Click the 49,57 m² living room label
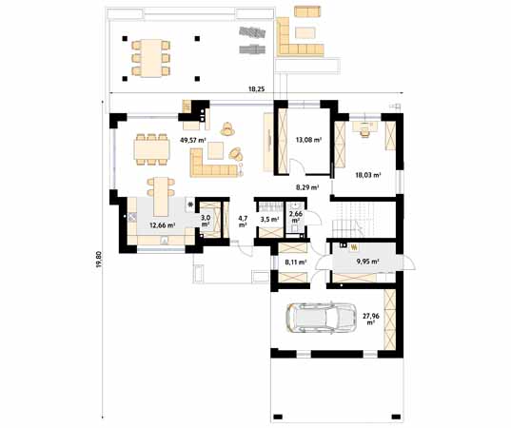click(x=193, y=141)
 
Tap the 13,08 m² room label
click(x=308, y=140)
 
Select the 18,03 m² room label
click(x=368, y=175)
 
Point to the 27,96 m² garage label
click(x=370, y=319)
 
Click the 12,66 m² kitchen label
click(x=163, y=224)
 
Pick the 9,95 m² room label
click(x=367, y=262)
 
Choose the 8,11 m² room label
click(x=296, y=262)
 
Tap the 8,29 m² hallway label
click(x=307, y=187)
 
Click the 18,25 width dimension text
click(x=257, y=88)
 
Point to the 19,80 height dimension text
click(x=99, y=260)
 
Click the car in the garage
click(x=321, y=319)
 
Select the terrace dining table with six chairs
click(x=151, y=58)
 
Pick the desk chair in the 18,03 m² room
click(x=364, y=132)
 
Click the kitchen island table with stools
click(x=161, y=197)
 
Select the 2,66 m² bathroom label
click(x=296, y=217)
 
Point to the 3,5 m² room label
click(x=269, y=220)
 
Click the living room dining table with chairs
click(x=152, y=149)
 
